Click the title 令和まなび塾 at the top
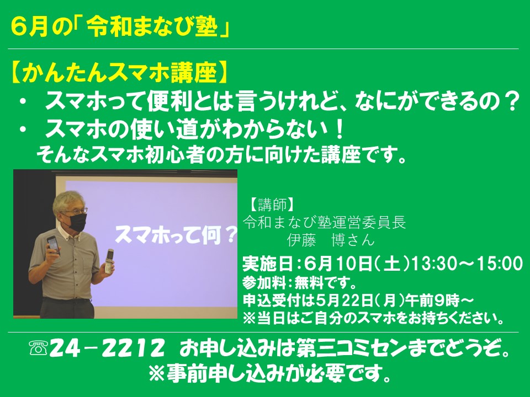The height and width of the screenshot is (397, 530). pos(152,26)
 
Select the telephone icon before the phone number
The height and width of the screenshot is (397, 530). pos(38,348)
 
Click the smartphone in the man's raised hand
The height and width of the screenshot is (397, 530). pos(53,245)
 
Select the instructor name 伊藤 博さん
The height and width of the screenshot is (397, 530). pos(331,240)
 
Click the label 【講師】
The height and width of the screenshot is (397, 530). pos(272,205)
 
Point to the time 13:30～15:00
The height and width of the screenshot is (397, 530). pos(467,264)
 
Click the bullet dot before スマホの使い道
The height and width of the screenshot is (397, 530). pos(23,130)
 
